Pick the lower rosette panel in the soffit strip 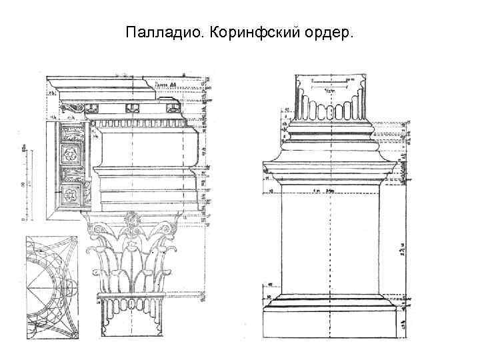pos(69,196)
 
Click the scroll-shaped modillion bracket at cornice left pos(71,107)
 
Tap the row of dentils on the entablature pos(140,123)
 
